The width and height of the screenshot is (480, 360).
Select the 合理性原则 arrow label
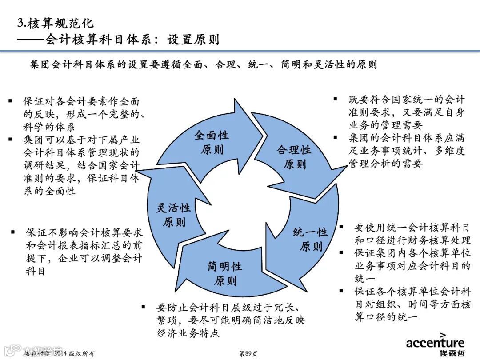point(294,157)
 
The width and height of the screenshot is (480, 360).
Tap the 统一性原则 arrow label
point(310,239)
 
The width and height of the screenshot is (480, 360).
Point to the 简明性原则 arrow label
point(225,273)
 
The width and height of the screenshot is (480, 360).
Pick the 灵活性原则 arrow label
point(173,215)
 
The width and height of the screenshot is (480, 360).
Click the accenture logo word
point(435,343)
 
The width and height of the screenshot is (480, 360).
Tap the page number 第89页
point(248,354)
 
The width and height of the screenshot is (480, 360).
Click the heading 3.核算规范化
point(55,23)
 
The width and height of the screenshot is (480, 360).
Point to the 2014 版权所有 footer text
point(74,354)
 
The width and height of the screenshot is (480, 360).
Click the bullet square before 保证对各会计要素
point(10,101)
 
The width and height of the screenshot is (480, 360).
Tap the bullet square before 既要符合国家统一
point(336,99)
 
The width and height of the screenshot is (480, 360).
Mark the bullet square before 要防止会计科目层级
point(143,307)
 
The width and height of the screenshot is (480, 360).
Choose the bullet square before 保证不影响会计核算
point(13,232)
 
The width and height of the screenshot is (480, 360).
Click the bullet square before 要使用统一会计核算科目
point(341,227)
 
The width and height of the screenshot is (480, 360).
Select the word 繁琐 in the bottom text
point(167,320)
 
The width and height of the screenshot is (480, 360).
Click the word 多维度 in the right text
point(450,151)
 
